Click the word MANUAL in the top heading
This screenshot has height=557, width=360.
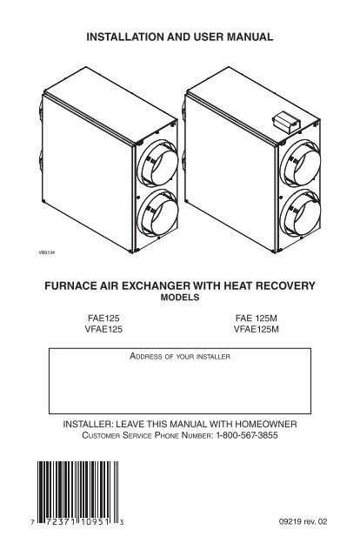(x=250, y=37)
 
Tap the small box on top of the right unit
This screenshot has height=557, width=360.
(x=286, y=122)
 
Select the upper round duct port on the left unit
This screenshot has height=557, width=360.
(x=157, y=163)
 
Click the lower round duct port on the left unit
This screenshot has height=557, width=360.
(x=157, y=212)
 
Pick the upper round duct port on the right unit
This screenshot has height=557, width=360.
(x=300, y=163)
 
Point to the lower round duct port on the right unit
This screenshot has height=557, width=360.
(x=300, y=212)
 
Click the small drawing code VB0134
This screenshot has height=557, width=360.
(x=46, y=253)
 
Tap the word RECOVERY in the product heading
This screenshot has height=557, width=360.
(x=285, y=286)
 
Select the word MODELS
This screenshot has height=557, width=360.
(x=180, y=298)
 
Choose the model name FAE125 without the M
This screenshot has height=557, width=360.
(x=103, y=318)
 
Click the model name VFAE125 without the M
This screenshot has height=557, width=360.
(x=103, y=329)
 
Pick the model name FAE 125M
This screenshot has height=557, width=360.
(x=256, y=318)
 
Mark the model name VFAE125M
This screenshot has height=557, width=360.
(x=256, y=329)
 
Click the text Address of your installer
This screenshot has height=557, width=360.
(x=180, y=356)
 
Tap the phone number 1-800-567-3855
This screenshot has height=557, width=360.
(x=247, y=435)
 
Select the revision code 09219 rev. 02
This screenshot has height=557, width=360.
(x=303, y=522)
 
